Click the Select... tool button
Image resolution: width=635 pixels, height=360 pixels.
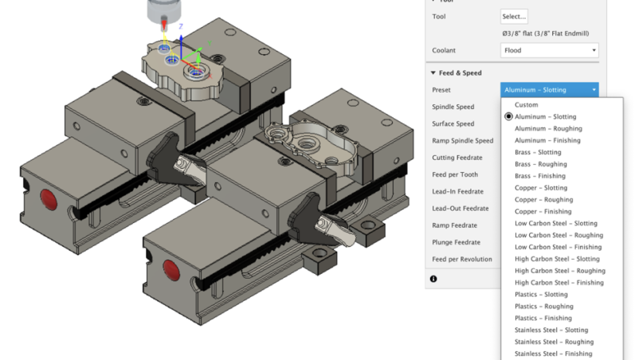click(514, 16)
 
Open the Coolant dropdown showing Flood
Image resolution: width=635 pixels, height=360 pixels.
click(549, 50)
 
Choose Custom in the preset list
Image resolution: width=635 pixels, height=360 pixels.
click(526, 105)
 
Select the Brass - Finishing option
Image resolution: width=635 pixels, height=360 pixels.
click(541, 176)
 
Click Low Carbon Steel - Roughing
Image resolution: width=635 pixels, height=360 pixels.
click(559, 235)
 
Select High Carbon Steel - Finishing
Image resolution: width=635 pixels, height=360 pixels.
click(559, 283)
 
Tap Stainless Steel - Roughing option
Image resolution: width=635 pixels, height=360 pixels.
click(554, 342)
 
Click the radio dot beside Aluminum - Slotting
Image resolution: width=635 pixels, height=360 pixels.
click(508, 117)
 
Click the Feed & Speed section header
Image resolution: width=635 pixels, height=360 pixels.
click(460, 72)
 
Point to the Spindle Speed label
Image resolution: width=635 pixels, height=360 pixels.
click(453, 107)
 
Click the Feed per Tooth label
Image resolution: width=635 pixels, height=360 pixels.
click(456, 174)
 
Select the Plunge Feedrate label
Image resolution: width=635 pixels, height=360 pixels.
click(456, 242)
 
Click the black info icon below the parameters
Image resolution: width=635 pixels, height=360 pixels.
click(433, 279)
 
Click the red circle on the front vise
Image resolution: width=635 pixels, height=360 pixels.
click(168, 266)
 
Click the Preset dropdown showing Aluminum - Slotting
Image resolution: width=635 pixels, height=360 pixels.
click(549, 90)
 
